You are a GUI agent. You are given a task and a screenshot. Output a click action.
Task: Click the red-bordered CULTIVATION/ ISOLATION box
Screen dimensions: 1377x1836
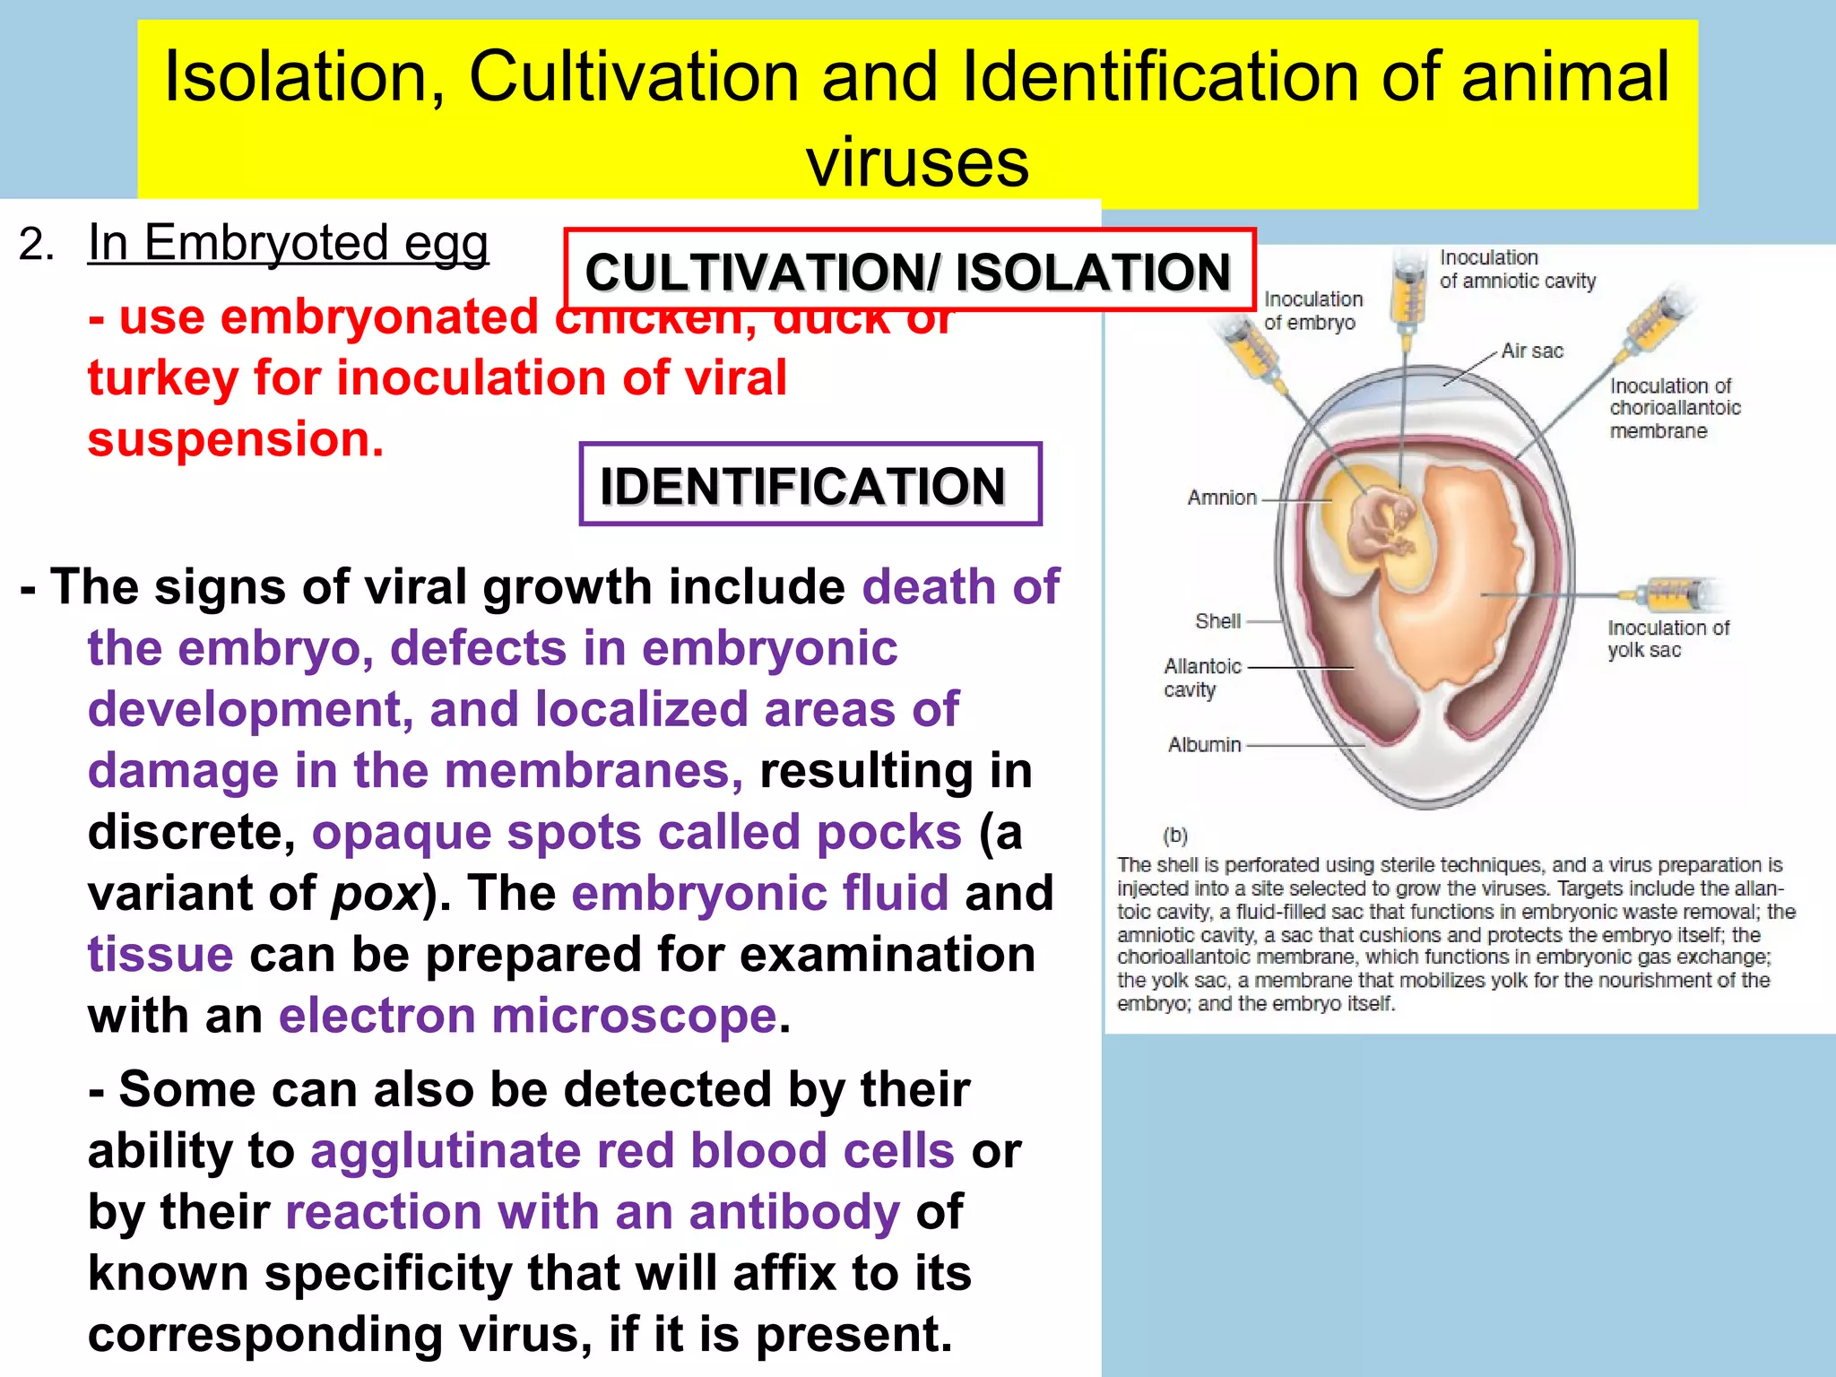909,271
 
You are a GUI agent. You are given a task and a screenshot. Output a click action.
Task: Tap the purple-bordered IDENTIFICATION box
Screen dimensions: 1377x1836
810,485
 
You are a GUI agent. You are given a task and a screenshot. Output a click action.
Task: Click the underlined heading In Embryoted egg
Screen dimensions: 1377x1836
288,243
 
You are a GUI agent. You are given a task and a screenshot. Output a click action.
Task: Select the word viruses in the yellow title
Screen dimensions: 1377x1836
917,162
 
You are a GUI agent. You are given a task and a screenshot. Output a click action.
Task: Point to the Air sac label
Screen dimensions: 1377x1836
1532,351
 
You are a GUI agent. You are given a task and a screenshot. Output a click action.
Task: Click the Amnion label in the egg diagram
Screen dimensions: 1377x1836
1222,498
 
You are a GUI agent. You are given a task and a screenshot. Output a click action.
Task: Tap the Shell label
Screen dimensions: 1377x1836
1217,621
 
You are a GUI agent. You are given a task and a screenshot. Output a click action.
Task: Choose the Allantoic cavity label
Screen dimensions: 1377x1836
1202,678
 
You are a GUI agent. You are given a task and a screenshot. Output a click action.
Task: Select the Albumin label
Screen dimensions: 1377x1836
1204,745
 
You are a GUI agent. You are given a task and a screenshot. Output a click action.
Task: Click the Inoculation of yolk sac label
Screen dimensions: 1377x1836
1667,638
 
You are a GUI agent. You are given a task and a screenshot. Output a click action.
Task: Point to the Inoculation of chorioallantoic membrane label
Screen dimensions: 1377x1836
1674,408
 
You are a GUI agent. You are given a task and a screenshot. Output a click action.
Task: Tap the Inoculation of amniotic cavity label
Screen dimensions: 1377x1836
1517,269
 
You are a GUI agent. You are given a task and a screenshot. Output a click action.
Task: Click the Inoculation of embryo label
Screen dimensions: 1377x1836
1312,310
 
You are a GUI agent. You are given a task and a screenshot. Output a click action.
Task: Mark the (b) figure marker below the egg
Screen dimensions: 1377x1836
1174,836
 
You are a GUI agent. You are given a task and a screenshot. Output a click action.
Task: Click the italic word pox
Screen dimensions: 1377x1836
376,893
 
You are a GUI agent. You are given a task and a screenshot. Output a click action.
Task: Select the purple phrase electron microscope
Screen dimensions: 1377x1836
527,1016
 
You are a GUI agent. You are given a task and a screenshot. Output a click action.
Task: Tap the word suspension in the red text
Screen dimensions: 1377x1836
236,439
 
